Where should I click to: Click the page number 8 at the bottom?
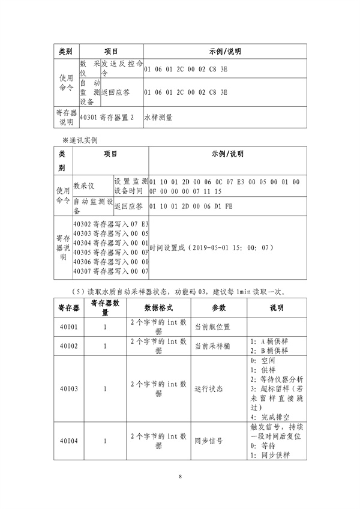[180, 477]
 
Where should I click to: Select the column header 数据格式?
[158, 308]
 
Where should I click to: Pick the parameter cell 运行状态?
[209, 388]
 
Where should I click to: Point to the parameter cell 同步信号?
[209, 440]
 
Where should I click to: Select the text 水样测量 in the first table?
[159, 118]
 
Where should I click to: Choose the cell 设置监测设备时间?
[130, 186]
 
